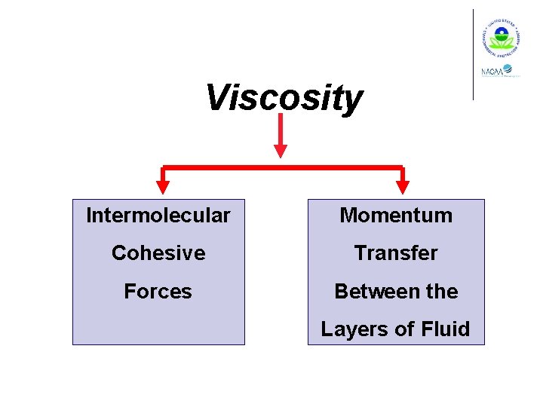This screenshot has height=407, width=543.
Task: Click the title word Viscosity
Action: (284, 98)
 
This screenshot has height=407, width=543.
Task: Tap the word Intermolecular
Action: (158, 216)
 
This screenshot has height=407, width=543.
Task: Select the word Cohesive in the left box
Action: (158, 253)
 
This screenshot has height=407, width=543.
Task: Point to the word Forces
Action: (158, 291)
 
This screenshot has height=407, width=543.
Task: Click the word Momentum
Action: (396, 216)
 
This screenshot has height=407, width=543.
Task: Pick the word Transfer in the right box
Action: (396, 253)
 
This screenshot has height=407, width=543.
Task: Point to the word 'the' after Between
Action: (442, 291)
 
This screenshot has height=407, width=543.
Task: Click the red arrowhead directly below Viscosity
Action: (281, 149)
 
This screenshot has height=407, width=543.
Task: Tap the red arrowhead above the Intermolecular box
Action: (163, 185)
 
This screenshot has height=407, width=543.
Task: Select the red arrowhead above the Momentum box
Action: (403, 185)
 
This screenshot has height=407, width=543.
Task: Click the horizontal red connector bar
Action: (283, 167)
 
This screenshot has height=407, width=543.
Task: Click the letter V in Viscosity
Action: (219, 98)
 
